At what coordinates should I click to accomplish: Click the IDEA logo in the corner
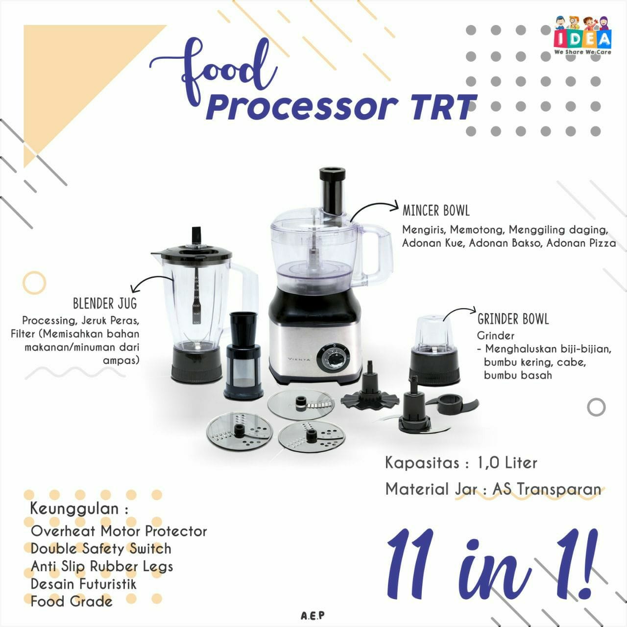(x=582, y=35)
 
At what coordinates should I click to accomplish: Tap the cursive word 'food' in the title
(x=213, y=72)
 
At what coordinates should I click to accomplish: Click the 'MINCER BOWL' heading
(x=436, y=211)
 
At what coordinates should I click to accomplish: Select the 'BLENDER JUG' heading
(x=105, y=304)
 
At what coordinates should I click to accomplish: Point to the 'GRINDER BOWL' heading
(x=513, y=319)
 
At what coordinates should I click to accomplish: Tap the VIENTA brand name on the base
(x=299, y=359)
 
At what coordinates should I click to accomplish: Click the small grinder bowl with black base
(x=434, y=350)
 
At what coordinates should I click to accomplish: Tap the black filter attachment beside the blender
(x=243, y=356)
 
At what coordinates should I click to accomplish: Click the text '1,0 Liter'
(x=507, y=462)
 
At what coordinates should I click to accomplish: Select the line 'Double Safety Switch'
(x=101, y=549)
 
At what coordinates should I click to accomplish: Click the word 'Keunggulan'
(x=74, y=509)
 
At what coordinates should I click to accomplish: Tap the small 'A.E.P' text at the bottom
(x=313, y=616)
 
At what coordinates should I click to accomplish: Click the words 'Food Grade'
(x=71, y=602)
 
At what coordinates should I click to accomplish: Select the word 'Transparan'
(x=559, y=489)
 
